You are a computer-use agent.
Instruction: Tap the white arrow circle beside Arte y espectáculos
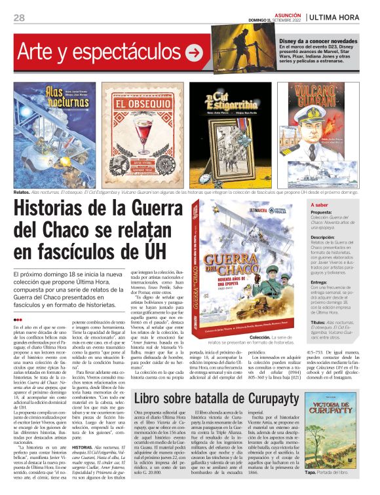coord(194,52)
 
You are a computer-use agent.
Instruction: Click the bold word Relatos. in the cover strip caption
coord(22,192)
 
